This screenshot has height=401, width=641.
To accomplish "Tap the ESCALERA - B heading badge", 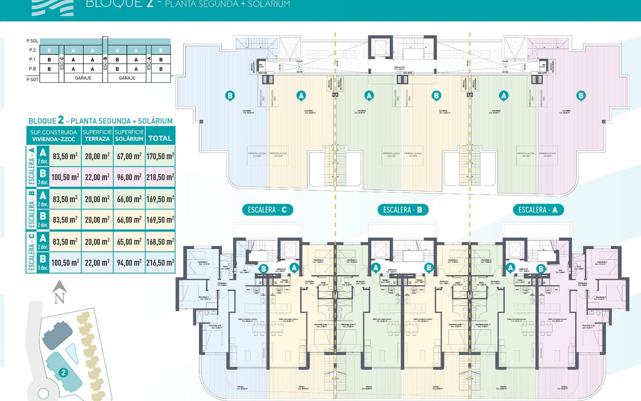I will pyautogui.click(x=403, y=210).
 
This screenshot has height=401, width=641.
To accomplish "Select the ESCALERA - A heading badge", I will pyautogui.click(x=538, y=210).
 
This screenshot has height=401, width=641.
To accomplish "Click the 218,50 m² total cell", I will pyautogui.click(x=160, y=177).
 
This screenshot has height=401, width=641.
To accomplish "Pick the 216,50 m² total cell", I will pyautogui.click(x=160, y=263).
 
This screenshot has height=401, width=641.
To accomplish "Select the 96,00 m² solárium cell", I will pyautogui.click(x=129, y=177).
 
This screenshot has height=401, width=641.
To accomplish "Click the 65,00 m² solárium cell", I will pyautogui.click(x=129, y=242).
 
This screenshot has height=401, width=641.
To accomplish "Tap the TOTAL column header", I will pyautogui.click(x=160, y=138).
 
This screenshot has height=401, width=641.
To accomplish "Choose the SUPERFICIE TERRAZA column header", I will pyautogui.click(x=97, y=135).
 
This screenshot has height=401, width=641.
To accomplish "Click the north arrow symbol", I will pyautogui.click(x=59, y=292).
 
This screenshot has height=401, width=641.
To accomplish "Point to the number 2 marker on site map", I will pyautogui.click(x=63, y=372).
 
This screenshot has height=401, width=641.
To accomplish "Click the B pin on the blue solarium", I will pyautogui.click(x=230, y=96).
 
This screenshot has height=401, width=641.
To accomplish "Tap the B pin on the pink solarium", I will pyautogui.click(x=581, y=96).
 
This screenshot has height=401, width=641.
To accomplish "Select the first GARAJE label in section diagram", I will pyautogui.click(x=83, y=78).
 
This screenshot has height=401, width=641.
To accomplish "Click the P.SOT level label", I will pyautogui.click(x=32, y=80).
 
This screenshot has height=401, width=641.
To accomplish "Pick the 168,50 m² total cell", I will pyautogui.click(x=160, y=242).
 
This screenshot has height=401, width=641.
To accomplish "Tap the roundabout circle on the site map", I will pyautogui.click(x=43, y=394).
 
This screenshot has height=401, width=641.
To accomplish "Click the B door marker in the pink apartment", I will pyautogui.click(x=541, y=268).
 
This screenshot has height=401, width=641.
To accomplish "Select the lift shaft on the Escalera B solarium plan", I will pyautogui.click(x=380, y=48).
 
